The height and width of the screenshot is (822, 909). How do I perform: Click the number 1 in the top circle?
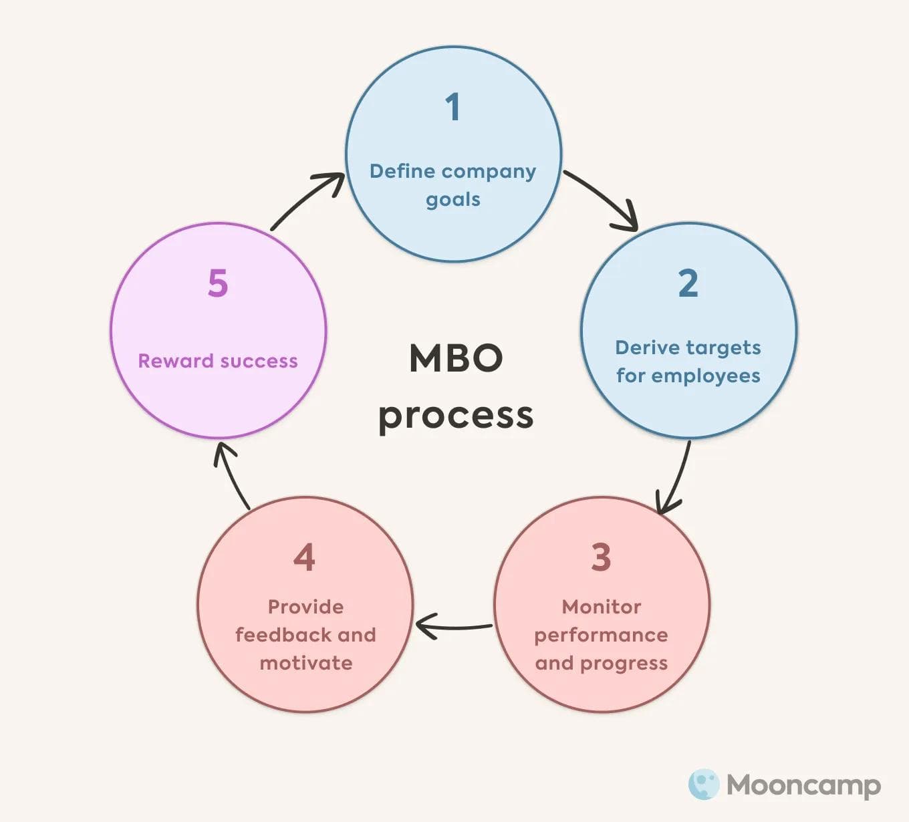coord(453,107)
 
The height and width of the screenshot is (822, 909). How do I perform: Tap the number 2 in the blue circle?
coord(688,283)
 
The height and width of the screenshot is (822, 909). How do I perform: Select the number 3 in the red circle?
coord(601,557)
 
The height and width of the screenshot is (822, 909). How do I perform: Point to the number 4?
coord(304,557)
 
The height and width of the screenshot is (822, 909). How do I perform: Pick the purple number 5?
coord(218,283)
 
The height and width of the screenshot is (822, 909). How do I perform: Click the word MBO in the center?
coord(456,359)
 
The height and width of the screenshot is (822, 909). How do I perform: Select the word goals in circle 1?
coord(453,200)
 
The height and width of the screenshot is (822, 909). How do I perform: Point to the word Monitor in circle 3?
coord(601,607)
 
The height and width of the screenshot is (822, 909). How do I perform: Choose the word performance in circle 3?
coord(601,636)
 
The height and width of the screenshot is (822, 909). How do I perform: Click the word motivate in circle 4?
coord(305,663)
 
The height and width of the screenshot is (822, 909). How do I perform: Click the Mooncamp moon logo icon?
coord(703,785)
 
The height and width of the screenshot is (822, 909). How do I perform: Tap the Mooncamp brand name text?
coord(803,785)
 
